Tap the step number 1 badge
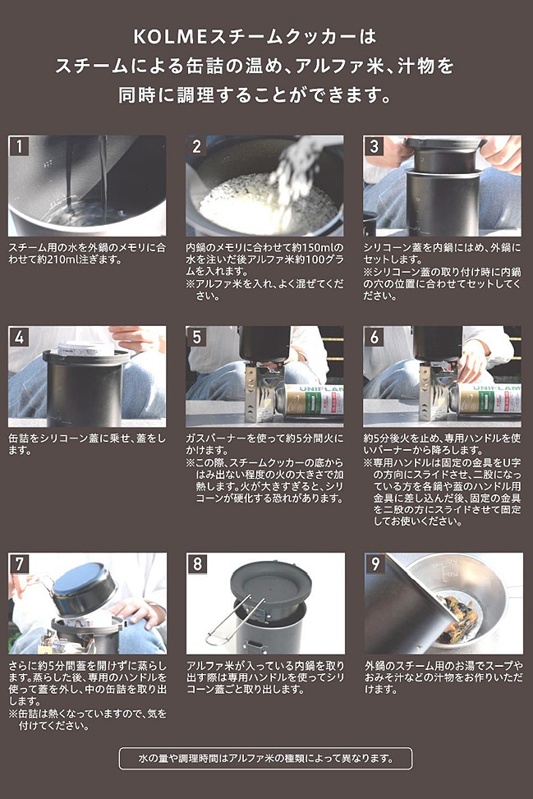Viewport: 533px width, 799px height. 19,146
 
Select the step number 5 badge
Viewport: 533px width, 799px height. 196,337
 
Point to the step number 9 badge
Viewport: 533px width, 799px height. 375,563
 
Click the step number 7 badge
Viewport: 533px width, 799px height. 19,563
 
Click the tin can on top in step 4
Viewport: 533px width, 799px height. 85,348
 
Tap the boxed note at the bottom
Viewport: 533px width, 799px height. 265,758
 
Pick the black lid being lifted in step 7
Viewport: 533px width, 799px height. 84,591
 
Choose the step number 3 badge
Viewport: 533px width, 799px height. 374,146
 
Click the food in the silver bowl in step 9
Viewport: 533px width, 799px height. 457,617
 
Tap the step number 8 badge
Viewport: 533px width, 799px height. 197,563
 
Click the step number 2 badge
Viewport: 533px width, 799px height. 196,146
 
